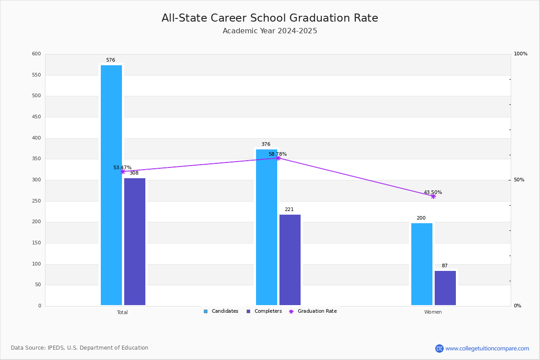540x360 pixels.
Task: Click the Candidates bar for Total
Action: [x=112, y=185]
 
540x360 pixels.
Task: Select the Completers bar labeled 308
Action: [x=135, y=242]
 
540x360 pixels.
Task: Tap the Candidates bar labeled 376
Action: [x=266, y=227]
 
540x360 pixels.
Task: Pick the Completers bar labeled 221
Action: [x=290, y=260]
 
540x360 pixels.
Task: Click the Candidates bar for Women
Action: [x=422, y=264]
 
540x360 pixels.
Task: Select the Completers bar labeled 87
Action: [x=445, y=288]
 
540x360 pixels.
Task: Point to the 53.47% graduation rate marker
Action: [x=123, y=172]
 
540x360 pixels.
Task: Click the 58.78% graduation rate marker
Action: [x=278, y=158]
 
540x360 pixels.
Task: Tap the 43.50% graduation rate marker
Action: [x=433, y=197]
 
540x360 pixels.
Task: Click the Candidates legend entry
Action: [x=221, y=311]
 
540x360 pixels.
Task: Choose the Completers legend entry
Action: [x=264, y=311]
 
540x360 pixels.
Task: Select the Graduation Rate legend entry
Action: [x=313, y=311]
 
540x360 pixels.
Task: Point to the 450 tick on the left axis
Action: [x=36, y=117]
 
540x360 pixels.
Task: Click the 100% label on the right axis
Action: [x=521, y=54]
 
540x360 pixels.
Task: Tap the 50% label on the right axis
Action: [x=519, y=180]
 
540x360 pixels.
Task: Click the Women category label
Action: [x=433, y=312]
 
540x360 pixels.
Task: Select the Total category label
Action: [x=122, y=312]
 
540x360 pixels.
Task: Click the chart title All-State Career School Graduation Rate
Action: [x=270, y=18]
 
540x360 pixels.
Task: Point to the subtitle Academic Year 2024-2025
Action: [x=270, y=31]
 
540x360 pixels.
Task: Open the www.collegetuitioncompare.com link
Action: [x=487, y=348]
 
